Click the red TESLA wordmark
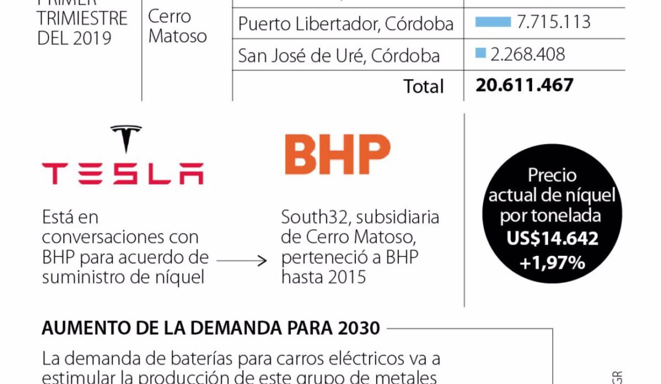tap(122, 173)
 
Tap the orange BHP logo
tap(337, 154)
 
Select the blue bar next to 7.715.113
tap(493, 23)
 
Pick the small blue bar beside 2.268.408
tap(481, 54)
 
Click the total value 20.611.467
tap(524, 85)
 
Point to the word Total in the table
tap(423, 86)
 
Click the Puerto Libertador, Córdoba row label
tap(346, 24)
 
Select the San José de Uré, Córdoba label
tap(339, 55)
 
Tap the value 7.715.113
tap(554, 23)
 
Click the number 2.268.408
tap(528, 54)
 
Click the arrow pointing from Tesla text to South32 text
tap(241, 260)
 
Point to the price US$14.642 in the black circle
tap(552, 238)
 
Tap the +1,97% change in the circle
tap(553, 263)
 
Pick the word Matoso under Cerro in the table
tap(177, 37)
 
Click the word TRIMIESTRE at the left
tap(82, 18)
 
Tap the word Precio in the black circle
tap(552, 175)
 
